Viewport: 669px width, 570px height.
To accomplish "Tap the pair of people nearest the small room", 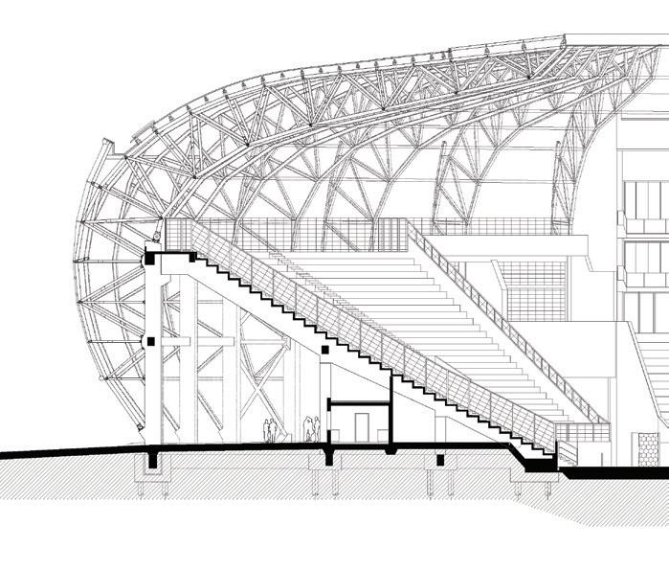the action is (310, 428).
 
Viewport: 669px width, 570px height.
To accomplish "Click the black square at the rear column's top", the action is (150, 260).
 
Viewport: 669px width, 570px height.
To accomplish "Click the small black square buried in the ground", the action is (440, 461).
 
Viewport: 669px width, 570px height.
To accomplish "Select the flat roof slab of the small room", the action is (359, 404).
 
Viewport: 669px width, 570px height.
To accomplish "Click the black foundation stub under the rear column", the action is (152, 464).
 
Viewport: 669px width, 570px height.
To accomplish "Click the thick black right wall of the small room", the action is (390, 412).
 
